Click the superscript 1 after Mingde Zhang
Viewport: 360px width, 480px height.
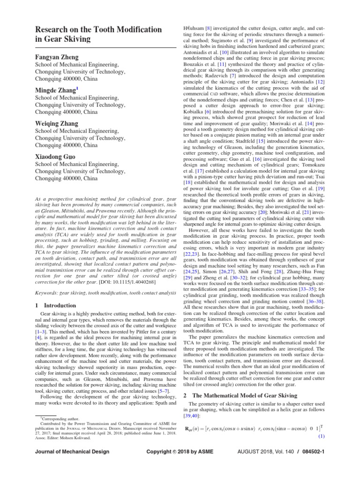tap(77, 88)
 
